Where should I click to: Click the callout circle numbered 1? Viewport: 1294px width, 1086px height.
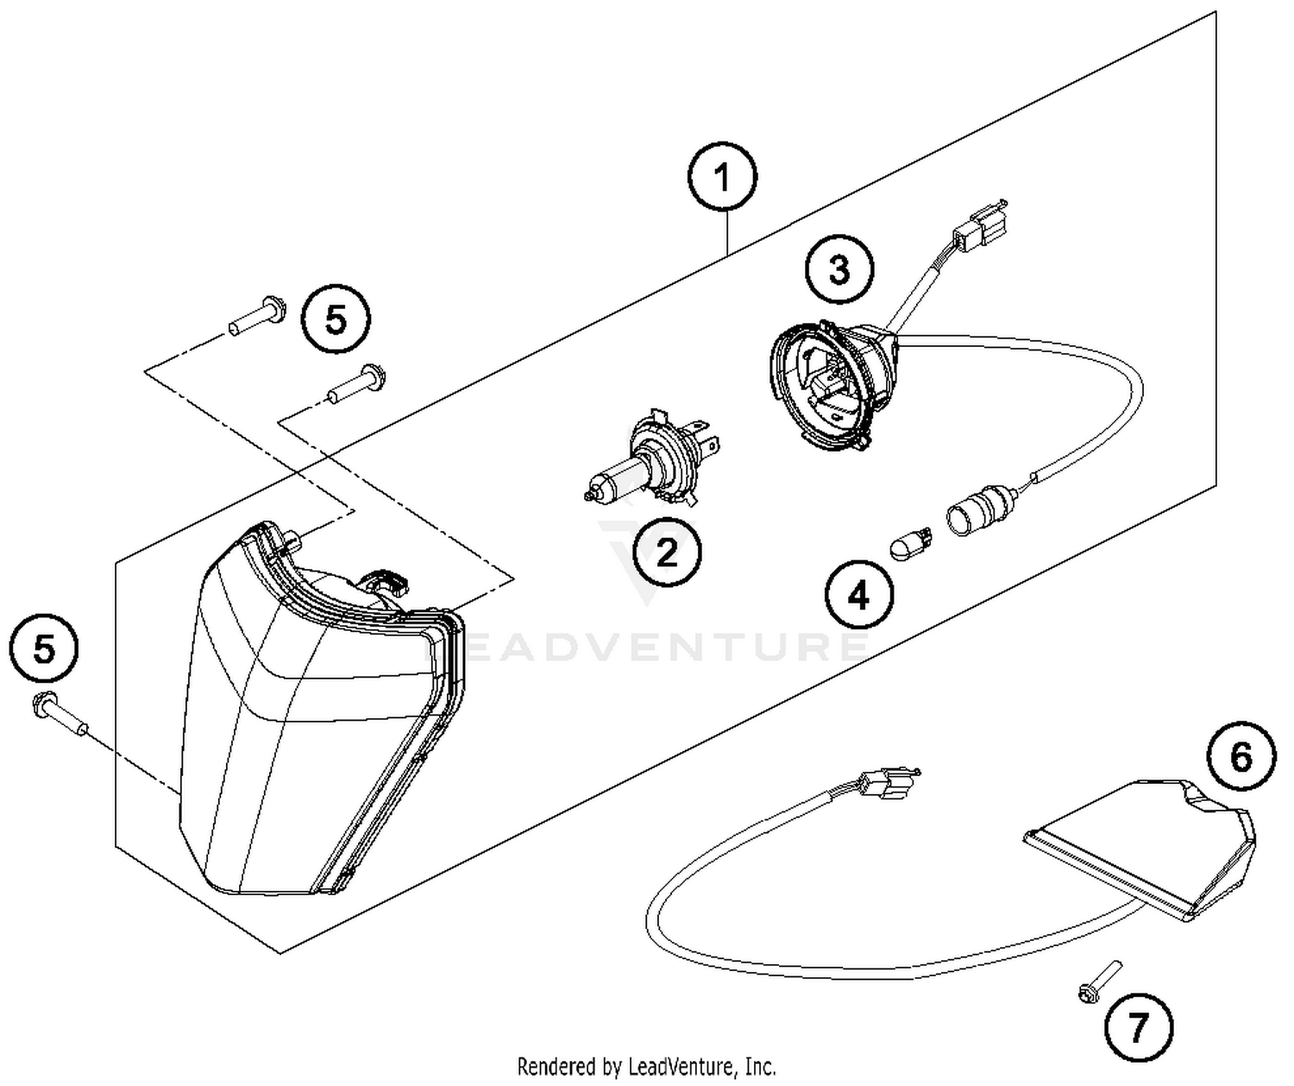722,178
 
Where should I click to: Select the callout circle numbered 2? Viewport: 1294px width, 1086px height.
667,552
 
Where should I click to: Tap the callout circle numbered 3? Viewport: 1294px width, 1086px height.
839,269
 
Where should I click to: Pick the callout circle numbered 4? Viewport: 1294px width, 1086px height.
858,595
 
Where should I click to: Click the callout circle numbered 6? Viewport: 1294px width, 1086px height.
1240,758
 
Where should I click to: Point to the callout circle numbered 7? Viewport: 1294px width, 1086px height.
1139,1027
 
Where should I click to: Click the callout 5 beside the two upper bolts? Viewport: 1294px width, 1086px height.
336,320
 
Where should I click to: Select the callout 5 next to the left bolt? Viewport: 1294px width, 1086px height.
44,647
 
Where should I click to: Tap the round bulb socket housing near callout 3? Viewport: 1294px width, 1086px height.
830,381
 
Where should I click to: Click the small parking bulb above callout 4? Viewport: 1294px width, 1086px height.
909,545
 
